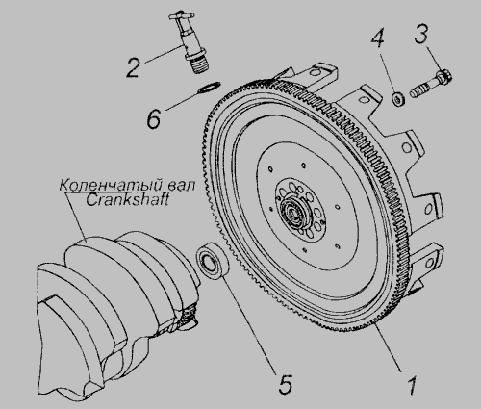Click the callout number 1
(412, 385)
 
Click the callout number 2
(133, 67)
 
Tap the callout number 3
(421, 35)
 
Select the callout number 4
(378, 38)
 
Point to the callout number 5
(285, 384)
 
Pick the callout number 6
(154, 119)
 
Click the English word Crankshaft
(127, 200)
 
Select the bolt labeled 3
(431, 85)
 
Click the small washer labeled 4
(398, 98)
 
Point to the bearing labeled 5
(213, 260)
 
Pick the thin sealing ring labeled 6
(209, 88)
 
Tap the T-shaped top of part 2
(181, 15)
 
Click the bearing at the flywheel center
(293, 212)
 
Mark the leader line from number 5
(249, 324)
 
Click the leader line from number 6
(183, 100)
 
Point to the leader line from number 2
(165, 55)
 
